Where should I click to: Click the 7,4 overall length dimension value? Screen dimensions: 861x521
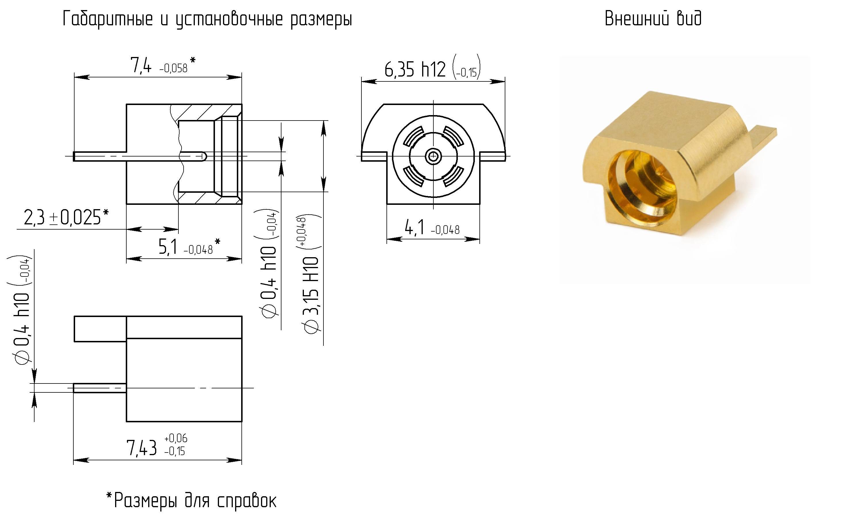pos(141,65)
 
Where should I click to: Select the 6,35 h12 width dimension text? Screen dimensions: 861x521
pos(415,69)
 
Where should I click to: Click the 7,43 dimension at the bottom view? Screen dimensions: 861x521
pos(142,448)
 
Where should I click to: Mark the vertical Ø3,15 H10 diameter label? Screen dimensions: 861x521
pos(312,293)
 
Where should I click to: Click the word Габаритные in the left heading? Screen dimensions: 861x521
pos(108,19)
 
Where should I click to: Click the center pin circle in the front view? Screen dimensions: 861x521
pos(433,156)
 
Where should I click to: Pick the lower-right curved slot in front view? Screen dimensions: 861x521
pos(454,176)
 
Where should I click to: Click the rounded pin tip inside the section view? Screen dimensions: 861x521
pos(204,156)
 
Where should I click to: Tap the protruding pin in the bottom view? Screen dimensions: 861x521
pos(100,388)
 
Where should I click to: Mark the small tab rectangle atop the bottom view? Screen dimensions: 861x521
pos(100,329)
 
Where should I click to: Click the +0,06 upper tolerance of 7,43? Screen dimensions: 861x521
pos(176,438)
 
